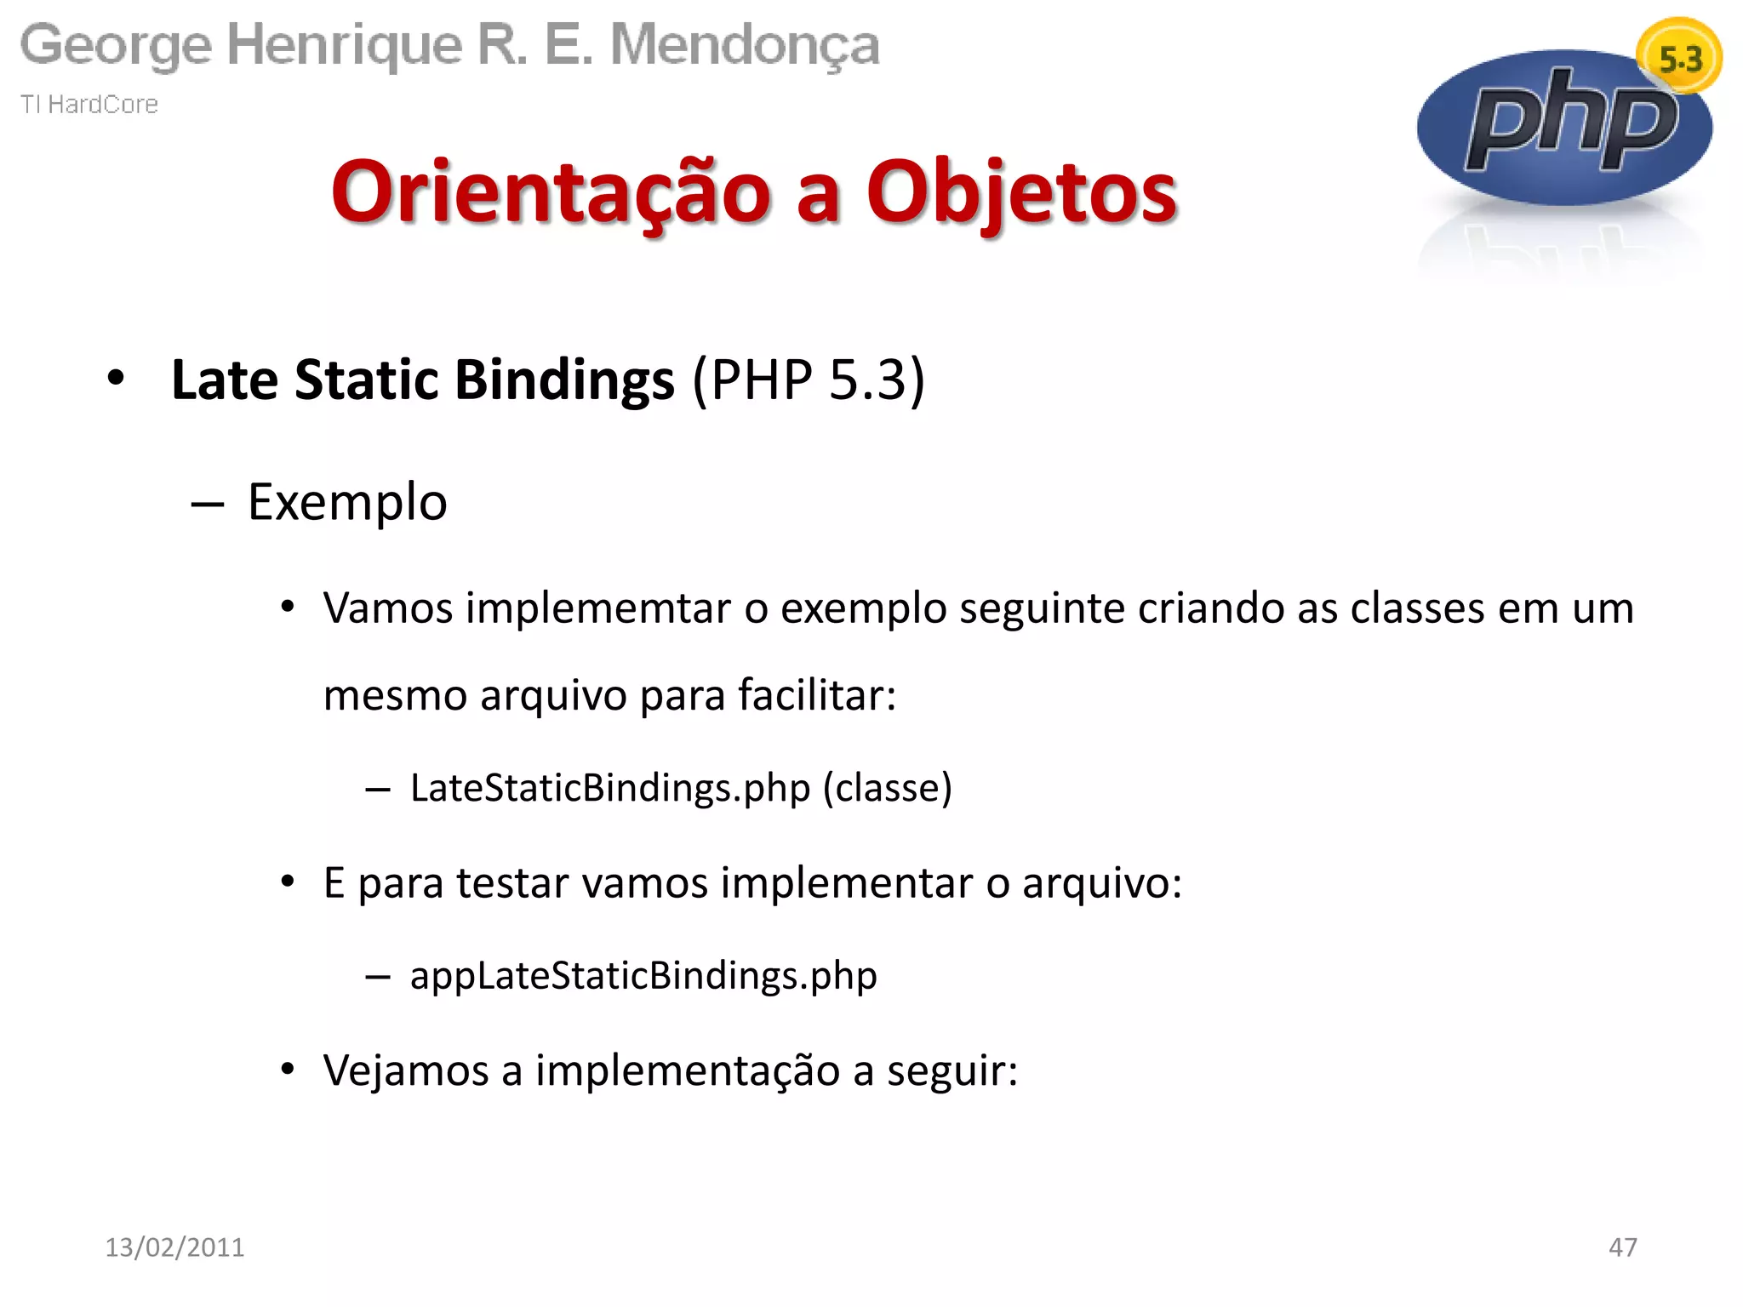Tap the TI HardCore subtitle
point(89,105)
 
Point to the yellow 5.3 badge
point(1680,59)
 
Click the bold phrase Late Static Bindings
point(422,380)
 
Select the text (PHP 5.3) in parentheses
point(809,380)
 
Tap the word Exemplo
point(347,502)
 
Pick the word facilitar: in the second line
point(817,695)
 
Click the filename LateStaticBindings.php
point(610,788)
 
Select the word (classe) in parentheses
point(888,788)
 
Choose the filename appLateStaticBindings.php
point(643,975)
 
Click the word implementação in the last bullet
point(687,1070)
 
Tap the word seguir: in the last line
point(952,1070)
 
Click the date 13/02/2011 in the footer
point(174,1247)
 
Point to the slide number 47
point(1622,1247)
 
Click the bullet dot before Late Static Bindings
point(116,377)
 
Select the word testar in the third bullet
point(512,883)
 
